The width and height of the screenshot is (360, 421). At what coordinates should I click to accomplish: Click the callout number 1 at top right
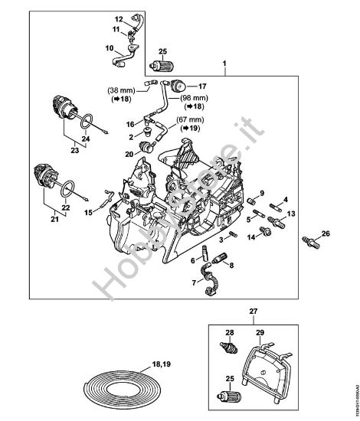[224, 60]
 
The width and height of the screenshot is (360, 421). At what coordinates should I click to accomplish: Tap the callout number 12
[119, 17]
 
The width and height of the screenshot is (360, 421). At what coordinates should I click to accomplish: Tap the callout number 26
[325, 233]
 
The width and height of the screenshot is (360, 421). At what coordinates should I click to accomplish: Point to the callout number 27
[254, 311]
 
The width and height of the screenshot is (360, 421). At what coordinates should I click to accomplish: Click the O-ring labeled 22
[67, 188]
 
